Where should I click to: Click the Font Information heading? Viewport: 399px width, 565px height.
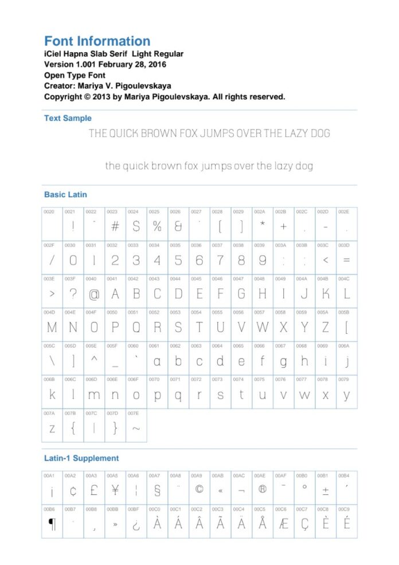tap(97, 41)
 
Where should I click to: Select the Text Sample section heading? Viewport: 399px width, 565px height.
tap(68, 118)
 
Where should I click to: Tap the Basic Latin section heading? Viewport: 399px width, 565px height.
tap(65, 194)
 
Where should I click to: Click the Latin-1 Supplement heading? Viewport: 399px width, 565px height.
tap(81, 458)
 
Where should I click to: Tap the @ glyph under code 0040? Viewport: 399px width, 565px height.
tap(94, 294)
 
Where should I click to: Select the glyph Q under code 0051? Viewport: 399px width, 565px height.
tap(136, 328)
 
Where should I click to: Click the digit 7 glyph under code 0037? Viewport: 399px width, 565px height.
tap(220, 260)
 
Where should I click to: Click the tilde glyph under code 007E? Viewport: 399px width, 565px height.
tap(136, 428)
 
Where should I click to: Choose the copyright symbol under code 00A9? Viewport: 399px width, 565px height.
tap(199, 490)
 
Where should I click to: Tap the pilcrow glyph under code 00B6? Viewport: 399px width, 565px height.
tap(52, 524)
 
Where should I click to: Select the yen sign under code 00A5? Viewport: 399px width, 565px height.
tap(115, 490)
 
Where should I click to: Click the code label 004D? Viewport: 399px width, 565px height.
tap(49, 313)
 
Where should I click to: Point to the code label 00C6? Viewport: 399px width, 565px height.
tap(280, 509)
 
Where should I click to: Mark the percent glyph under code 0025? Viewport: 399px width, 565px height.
tap(157, 227)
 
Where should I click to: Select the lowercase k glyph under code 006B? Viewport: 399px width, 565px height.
tap(52, 395)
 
